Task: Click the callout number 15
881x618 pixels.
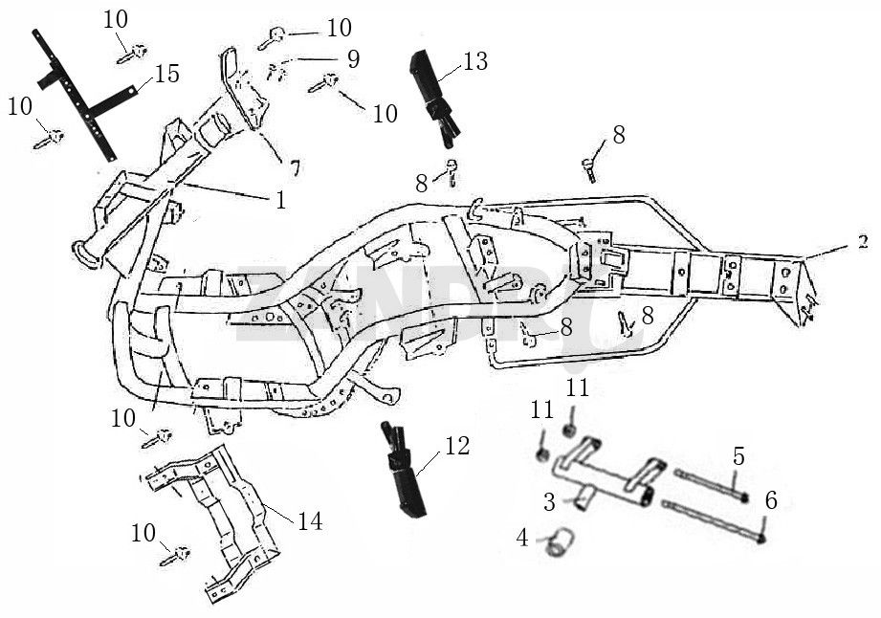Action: tap(166, 74)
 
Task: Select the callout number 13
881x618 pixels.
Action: tap(474, 62)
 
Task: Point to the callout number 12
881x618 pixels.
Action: tap(456, 445)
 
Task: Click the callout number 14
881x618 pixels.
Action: tap(309, 521)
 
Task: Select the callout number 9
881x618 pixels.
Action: tap(353, 59)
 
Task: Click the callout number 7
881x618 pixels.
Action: tap(296, 169)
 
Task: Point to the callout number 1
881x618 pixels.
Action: tap(280, 200)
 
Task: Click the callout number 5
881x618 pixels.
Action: tap(738, 456)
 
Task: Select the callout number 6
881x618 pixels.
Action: tap(771, 499)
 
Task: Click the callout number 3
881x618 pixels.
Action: tap(549, 500)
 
